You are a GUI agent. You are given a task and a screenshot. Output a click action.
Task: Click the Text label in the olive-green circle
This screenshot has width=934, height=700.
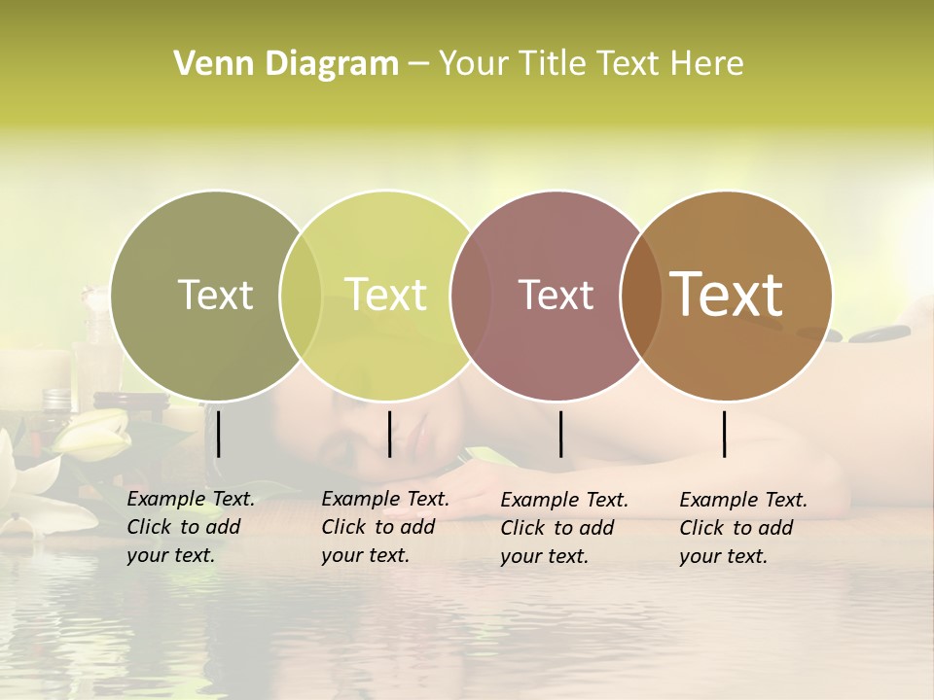(x=215, y=295)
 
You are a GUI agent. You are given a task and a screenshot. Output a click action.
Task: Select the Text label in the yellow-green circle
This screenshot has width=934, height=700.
(x=385, y=295)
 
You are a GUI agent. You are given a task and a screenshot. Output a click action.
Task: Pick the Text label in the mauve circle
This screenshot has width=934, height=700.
(x=556, y=296)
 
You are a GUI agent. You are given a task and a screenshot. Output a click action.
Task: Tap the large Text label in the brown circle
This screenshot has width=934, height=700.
(x=727, y=295)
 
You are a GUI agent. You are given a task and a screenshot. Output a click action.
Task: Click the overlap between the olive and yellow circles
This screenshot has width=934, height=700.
(x=301, y=296)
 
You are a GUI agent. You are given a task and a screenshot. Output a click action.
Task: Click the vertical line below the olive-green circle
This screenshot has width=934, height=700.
(x=219, y=434)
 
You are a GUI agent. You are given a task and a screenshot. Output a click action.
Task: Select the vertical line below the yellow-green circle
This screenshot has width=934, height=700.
(x=389, y=434)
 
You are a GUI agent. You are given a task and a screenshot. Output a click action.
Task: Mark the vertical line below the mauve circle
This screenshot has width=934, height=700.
(x=560, y=434)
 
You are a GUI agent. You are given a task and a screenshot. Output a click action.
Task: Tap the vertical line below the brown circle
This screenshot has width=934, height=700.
(x=725, y=434)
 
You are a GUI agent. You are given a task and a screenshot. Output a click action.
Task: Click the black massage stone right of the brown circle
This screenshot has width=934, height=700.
(x=873, y=336)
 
